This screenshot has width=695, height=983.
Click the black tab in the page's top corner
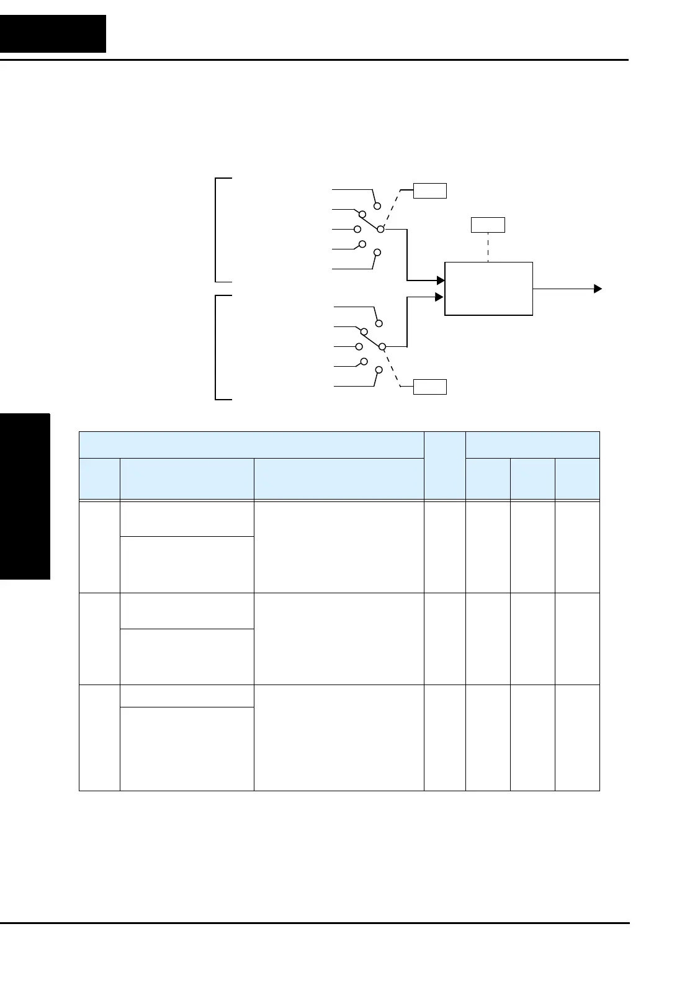pos(53,34)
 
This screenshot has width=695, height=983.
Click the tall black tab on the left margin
pos(25,496)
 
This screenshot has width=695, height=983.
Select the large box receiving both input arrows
pos(488,289)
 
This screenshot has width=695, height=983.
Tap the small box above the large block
pos(488,225)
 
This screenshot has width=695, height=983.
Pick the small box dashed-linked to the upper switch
pos(431,190)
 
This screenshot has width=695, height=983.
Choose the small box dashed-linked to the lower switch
pos(431,387)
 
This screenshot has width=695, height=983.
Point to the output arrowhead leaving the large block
pos(598,289)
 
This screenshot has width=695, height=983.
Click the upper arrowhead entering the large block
pos(441,281)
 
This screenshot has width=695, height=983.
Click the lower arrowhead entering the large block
pos(441,297)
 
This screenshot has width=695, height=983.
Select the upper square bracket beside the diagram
pos(217,230)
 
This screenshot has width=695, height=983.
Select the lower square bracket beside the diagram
pos(217,348)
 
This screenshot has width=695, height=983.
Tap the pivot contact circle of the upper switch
pos(381,229)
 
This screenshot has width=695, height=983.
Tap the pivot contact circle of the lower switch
pos(382,346)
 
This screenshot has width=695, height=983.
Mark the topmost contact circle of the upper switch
pos(377,205)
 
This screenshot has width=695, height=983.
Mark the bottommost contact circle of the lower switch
pos(378,370)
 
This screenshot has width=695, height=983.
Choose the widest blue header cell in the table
pos(251,444)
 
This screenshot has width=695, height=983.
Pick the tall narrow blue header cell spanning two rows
pos(444,465)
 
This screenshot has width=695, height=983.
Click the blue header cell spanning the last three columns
pos(532,444)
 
